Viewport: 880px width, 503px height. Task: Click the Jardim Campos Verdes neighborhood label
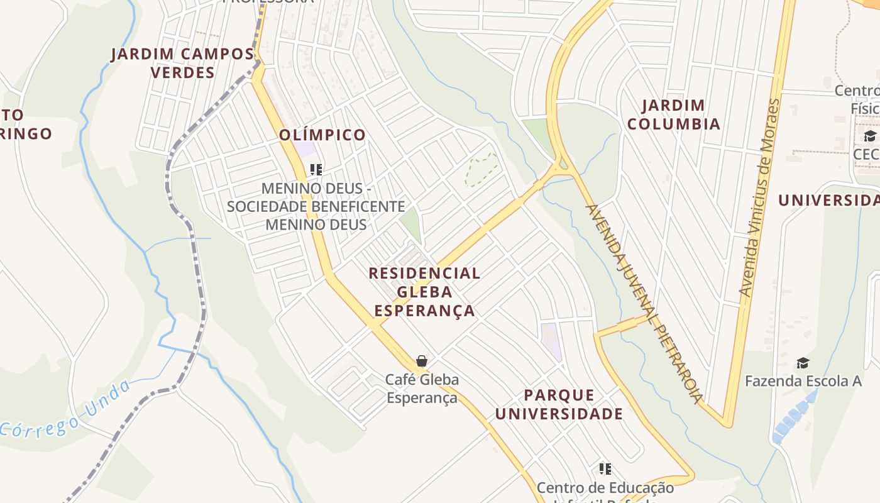(183, 63)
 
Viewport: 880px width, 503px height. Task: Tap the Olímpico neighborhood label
(322, 135)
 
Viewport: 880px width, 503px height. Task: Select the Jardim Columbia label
(674, 114)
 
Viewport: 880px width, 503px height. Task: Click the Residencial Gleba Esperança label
(424, 292)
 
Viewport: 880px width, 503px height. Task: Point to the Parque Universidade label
(559, 404)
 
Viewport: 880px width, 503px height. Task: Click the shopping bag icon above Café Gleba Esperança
(422, 361)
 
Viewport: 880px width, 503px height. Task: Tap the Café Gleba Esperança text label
(422, 389)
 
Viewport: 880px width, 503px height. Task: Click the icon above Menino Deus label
(316, 169)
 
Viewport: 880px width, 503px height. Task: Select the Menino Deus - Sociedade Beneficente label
(316, 206)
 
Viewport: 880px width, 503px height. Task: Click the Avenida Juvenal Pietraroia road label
(645, 303)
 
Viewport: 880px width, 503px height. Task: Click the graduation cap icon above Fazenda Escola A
(803, 363)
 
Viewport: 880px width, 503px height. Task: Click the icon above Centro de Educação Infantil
(605, 468)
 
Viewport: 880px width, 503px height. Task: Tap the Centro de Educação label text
(605, 488)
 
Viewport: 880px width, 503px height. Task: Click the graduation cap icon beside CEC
(870, 136)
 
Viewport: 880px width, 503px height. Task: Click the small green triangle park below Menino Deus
(411, 224)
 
